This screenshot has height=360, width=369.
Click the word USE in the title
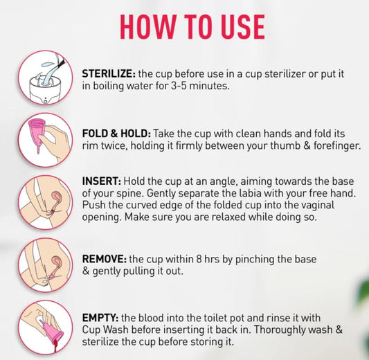coord(242,26)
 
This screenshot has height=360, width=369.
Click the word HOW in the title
coord(148,26)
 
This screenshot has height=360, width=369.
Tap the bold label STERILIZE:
coord(109,73)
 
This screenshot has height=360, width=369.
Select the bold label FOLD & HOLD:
coord(116,134)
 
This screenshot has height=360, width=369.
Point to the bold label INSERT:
coord(102,181)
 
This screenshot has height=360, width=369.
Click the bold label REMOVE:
coord(105,259)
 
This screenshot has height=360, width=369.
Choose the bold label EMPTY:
coord(100,318)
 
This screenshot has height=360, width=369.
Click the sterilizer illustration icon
coord(46,78)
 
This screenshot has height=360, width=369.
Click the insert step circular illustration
coord(46,202)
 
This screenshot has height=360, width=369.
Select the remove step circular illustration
coord(46,265)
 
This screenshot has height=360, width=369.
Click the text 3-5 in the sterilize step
coord(179,86)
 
